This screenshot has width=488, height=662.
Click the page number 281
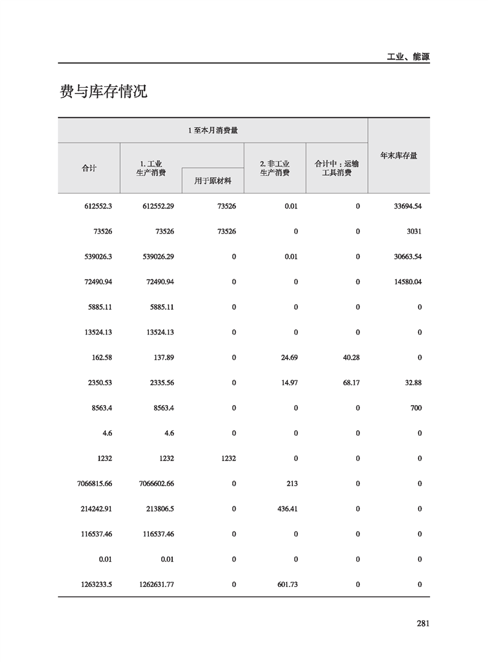[422, 623]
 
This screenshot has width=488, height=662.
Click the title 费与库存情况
[103, 92]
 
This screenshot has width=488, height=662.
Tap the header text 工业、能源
[407, 57]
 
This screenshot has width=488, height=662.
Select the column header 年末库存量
[399, 156]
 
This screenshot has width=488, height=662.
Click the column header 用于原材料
[213, 181]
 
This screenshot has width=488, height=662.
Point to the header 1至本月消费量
[213, 130]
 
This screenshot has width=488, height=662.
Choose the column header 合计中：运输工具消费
[337, 168]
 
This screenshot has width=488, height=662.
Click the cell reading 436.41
[287, 509]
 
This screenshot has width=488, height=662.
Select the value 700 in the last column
[416, 408]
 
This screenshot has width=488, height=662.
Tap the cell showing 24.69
[288, 357]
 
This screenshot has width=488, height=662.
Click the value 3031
[413, 231]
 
